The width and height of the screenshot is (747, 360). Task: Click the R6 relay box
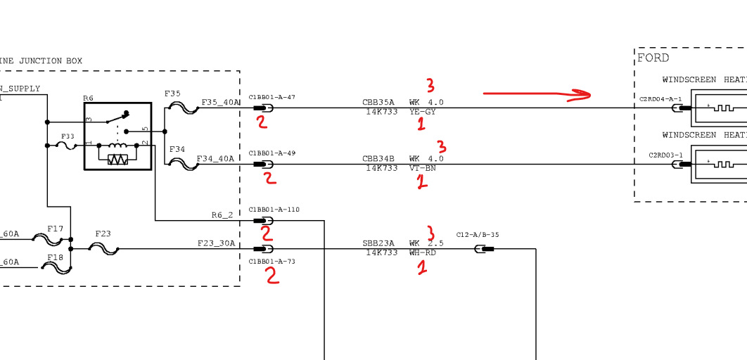click(x=117, y=136)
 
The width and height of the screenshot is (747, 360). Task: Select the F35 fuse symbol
click(x=184, y=108)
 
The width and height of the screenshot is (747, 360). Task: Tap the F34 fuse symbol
click(x=184, y=164)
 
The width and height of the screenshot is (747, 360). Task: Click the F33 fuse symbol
click(x=68, y=146)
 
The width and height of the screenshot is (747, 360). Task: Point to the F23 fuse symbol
click(x=103, y=248)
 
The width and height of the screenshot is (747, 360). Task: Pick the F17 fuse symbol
click(x=56, y=239)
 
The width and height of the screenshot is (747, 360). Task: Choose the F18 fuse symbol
click(x=56, y=267)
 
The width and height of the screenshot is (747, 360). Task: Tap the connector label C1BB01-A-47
click(x=272, y=96)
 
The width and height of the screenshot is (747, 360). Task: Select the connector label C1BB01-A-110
click(x=274, y=210)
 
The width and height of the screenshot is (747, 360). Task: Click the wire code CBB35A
click(x=378, y=103)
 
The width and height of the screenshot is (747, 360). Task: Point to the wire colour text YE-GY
click(x=422, y=112)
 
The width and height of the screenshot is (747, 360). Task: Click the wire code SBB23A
click(x=378, y=243)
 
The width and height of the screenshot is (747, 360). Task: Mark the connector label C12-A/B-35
click(x=478, y=235)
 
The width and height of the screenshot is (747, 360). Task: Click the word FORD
click(x=653, y=58)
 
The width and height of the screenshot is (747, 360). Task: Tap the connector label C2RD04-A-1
click(x=660, y=99)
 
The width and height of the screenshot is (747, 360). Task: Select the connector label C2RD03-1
click(x=665, y=155)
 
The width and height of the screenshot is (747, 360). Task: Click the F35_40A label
click(x=220, y=103)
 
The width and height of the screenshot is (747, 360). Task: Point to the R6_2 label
click(x=222, y=215)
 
